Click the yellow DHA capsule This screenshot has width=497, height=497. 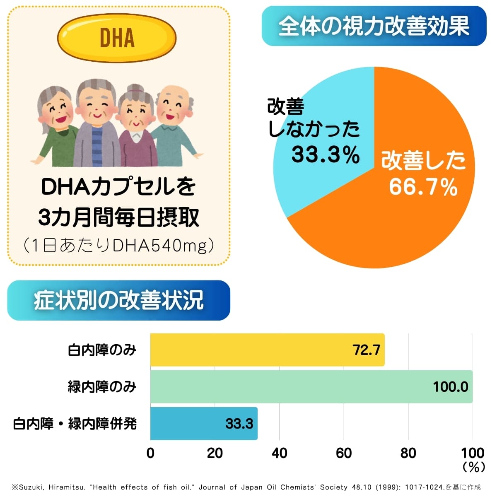coord(117,38)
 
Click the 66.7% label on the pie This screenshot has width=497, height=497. coord(423,187)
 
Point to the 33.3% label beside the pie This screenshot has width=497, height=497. coord(326,154)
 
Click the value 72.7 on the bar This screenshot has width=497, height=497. coord(366,350)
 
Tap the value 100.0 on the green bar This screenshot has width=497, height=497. coord(450,387)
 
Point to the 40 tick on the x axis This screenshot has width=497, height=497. coord(280,453)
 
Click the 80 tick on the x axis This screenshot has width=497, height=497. coord(408,453)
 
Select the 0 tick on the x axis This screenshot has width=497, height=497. coord(150,453)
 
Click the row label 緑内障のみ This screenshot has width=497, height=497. coord(102,387)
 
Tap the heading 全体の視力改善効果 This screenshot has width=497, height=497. coord(374,26)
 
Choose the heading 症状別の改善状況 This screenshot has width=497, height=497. coord(118,300)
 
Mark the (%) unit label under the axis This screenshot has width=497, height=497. coord(473,467)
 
